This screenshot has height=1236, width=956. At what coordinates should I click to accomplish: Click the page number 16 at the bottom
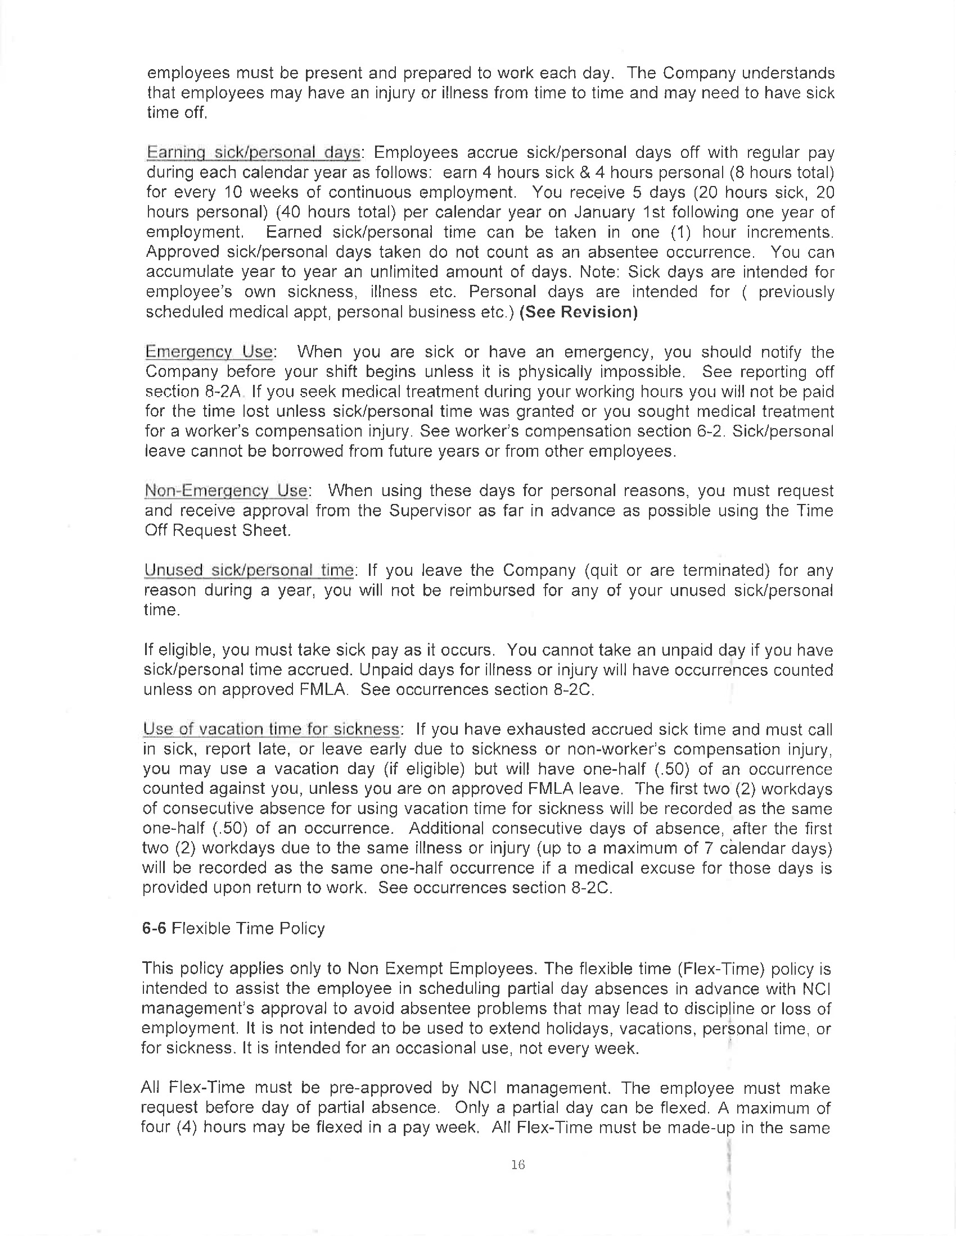(x=517, y=1165)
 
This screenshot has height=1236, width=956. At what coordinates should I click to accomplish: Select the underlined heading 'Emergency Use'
(x=209, y=352)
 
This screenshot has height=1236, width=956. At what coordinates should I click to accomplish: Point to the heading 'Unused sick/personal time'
(x=249, y=570)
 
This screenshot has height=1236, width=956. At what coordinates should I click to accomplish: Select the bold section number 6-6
(x=154, y=929)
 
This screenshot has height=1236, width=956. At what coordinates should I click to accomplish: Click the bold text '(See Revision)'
(x=578, y=312)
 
